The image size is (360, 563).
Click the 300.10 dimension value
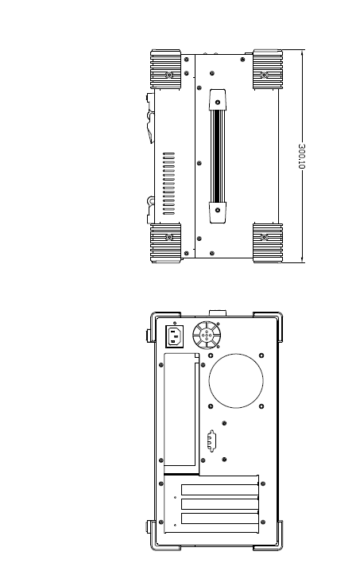click(x=301, y=156)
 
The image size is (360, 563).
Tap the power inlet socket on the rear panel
click(x=174, y=336)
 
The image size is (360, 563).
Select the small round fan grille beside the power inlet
click(x=207, y=335)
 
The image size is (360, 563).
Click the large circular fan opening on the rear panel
click(x=236, y=381)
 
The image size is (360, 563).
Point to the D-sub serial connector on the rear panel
click(x=211, y=441)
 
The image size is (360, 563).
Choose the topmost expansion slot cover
click(x=219, y=490)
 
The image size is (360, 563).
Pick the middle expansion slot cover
click(x=219, y=504)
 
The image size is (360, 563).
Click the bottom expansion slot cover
click(x=219, y=518)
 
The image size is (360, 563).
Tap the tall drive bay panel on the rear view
click(x=182, y=414)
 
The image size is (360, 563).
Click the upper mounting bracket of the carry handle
click(x=218, y=99)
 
